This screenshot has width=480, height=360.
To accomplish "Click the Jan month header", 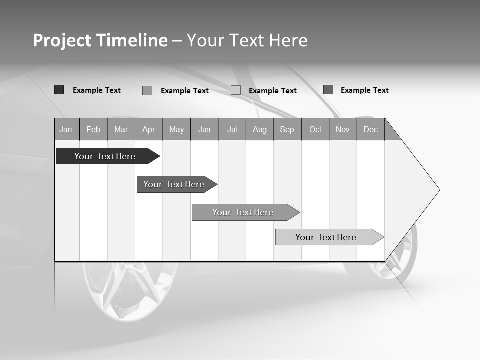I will [66, 130].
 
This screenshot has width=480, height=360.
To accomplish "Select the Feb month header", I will [93, 130].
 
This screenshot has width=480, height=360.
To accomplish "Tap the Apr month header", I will [148, 130].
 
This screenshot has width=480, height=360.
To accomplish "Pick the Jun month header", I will [204, 130].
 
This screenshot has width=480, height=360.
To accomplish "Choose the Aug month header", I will [260, 130].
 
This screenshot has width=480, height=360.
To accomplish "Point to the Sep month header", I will [287, 130].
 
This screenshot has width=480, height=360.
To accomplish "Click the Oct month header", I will [315, 130].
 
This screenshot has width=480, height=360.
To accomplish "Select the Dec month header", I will [371, 130].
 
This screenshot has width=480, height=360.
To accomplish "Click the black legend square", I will [59, 90].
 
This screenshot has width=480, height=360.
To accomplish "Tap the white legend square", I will [236, 90].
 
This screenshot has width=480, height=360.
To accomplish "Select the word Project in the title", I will [62, 40].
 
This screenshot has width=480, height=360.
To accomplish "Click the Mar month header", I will [121, 130].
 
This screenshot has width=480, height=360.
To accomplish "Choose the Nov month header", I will [343, 130].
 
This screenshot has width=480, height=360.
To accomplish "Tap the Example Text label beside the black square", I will [97, 90].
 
